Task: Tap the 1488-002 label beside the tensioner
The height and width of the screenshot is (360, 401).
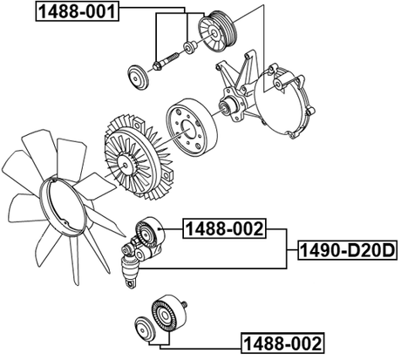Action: tap(223, 230)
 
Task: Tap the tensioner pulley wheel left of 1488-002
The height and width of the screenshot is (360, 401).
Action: tap(149, 231)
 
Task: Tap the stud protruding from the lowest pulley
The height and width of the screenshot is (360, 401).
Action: tap(186, 305)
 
